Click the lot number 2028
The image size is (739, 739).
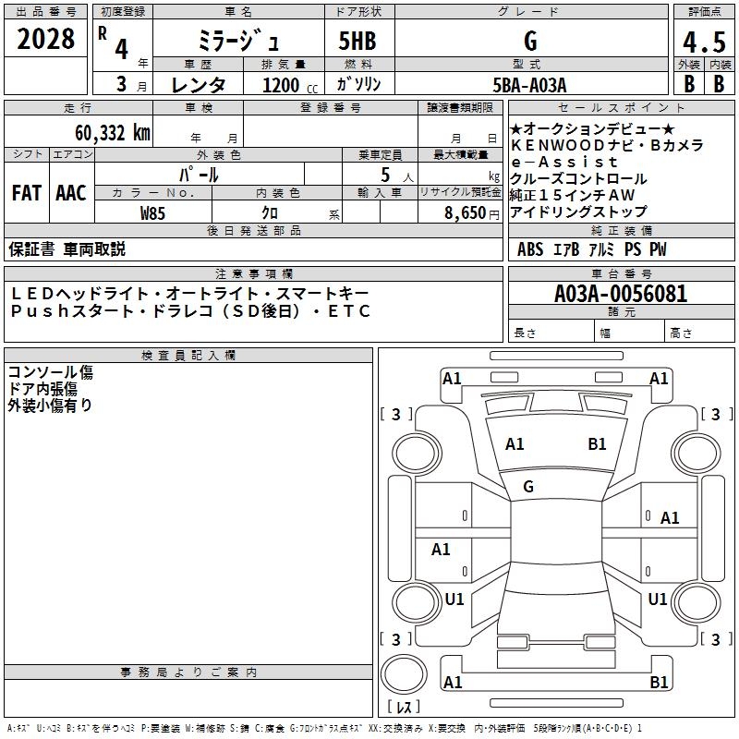coord(46,40)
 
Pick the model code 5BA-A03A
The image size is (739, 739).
coord(530,84)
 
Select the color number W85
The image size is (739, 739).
coord(153,212)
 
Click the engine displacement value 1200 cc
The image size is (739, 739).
coord(288,85)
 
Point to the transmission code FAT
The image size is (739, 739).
coord(27,193)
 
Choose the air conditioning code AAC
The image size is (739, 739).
coord(71,193)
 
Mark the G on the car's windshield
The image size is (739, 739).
coord(528,487)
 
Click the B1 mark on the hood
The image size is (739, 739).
coord(597,444)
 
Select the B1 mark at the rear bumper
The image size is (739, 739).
coord(659,683)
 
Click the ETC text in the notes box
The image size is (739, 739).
coord(350,311)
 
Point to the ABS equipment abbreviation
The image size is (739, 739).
coord(530,249)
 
